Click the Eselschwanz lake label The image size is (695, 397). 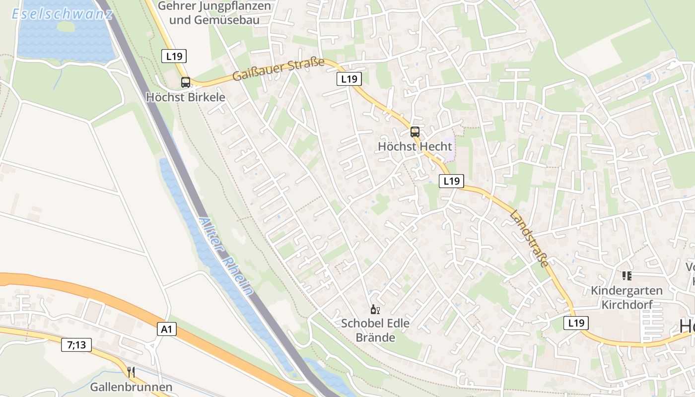pos(62,13)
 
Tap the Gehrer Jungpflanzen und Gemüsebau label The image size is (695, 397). pos(214,13)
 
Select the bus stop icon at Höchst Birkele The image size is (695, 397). pos(186,82)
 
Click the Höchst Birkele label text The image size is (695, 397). pos(186,97)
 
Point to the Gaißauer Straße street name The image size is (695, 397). pos(278,69)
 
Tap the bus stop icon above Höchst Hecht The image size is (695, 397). pos(415,132)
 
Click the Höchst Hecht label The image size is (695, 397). pos(415,146)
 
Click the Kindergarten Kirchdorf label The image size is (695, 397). pos(626,297)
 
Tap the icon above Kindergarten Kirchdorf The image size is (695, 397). pos(626,275)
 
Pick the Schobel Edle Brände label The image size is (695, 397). pos(375,331)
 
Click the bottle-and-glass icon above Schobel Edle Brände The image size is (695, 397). pos(375,310)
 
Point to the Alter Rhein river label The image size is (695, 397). pos(225,256)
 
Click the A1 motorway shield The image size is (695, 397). pos(167,329)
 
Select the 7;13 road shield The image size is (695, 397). pos(76,345)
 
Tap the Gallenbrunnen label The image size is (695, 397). pos(131,387)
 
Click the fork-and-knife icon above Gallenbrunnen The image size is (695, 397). pos(131,372)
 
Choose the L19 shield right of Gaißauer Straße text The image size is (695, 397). pos(349,79)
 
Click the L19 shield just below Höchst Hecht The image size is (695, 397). pos(451,181)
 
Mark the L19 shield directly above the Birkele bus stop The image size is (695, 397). pos(174,56)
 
